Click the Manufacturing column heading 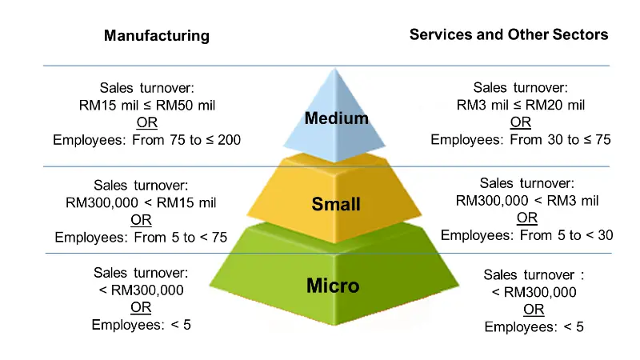click(157, 36)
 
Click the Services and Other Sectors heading click(509, 34)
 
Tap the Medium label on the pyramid click(337, 118)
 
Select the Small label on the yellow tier click(336, 204)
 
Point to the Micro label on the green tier click(333, 285)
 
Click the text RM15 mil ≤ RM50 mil click(146, 105)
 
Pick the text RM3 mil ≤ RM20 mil click(521, 105)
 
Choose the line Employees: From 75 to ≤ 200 click(147, 140)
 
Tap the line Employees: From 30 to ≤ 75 click(521, 140)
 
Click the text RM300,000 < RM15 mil click(141, 202)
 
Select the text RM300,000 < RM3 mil click(527, 200)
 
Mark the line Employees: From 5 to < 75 click(141, 237)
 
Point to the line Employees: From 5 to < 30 click(527, 234)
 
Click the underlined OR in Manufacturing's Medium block click(146, 122)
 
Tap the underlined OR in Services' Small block click(527, 218)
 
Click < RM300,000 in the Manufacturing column click(141, 290)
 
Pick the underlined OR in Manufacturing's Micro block click(141, 307)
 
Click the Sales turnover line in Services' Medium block click(521, 88)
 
